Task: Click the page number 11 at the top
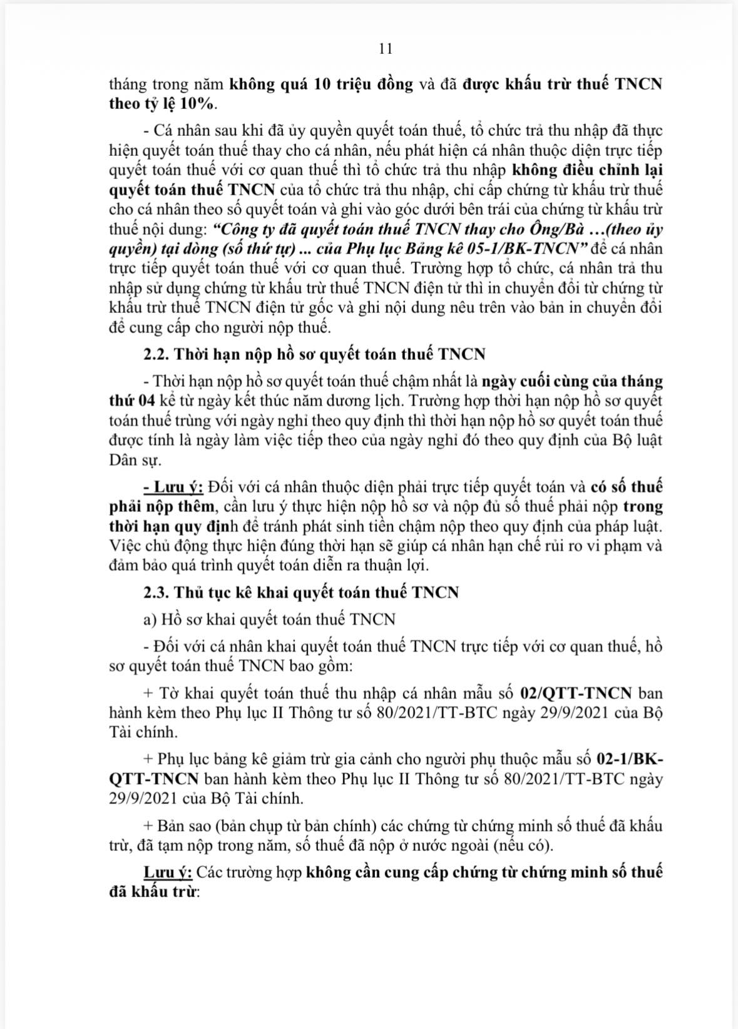386,49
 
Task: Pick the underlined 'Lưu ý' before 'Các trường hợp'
168,872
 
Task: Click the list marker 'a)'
149,619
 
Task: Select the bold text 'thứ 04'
128,400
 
